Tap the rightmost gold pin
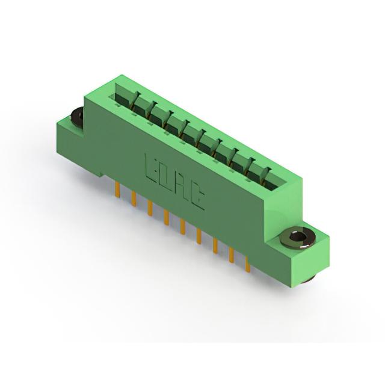248,264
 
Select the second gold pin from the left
134,198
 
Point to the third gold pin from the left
150,208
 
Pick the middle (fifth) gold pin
182,227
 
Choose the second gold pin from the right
231,255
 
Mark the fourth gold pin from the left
166,217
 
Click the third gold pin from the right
215,246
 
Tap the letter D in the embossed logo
164,176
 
